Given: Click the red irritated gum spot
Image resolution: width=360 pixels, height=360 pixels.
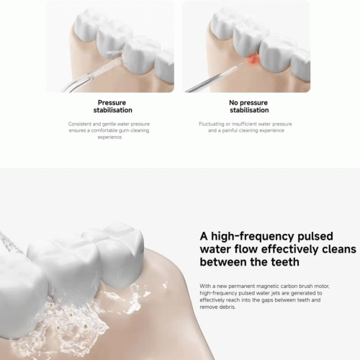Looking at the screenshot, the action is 253,60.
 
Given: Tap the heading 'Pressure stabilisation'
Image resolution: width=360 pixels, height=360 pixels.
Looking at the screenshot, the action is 112,107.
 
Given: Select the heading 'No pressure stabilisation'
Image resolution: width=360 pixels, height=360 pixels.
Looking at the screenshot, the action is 248,107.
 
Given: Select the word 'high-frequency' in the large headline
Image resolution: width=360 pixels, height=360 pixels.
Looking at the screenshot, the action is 253,236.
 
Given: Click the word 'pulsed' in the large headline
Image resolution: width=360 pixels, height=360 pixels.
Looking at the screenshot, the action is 315,236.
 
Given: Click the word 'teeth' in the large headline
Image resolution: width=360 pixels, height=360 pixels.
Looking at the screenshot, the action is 285,262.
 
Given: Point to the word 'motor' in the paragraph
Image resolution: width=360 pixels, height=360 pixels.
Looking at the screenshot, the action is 321,286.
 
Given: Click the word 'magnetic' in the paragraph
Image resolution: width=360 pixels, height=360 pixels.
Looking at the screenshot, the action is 267,287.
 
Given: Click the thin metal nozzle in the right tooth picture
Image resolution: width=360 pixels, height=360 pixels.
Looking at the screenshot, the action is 214,78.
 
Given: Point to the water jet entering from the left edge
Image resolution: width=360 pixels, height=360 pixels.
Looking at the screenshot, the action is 11,243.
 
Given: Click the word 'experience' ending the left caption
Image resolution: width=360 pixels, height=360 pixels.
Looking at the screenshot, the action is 109,138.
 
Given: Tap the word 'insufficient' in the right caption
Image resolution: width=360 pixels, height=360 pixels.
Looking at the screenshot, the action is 244,124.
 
